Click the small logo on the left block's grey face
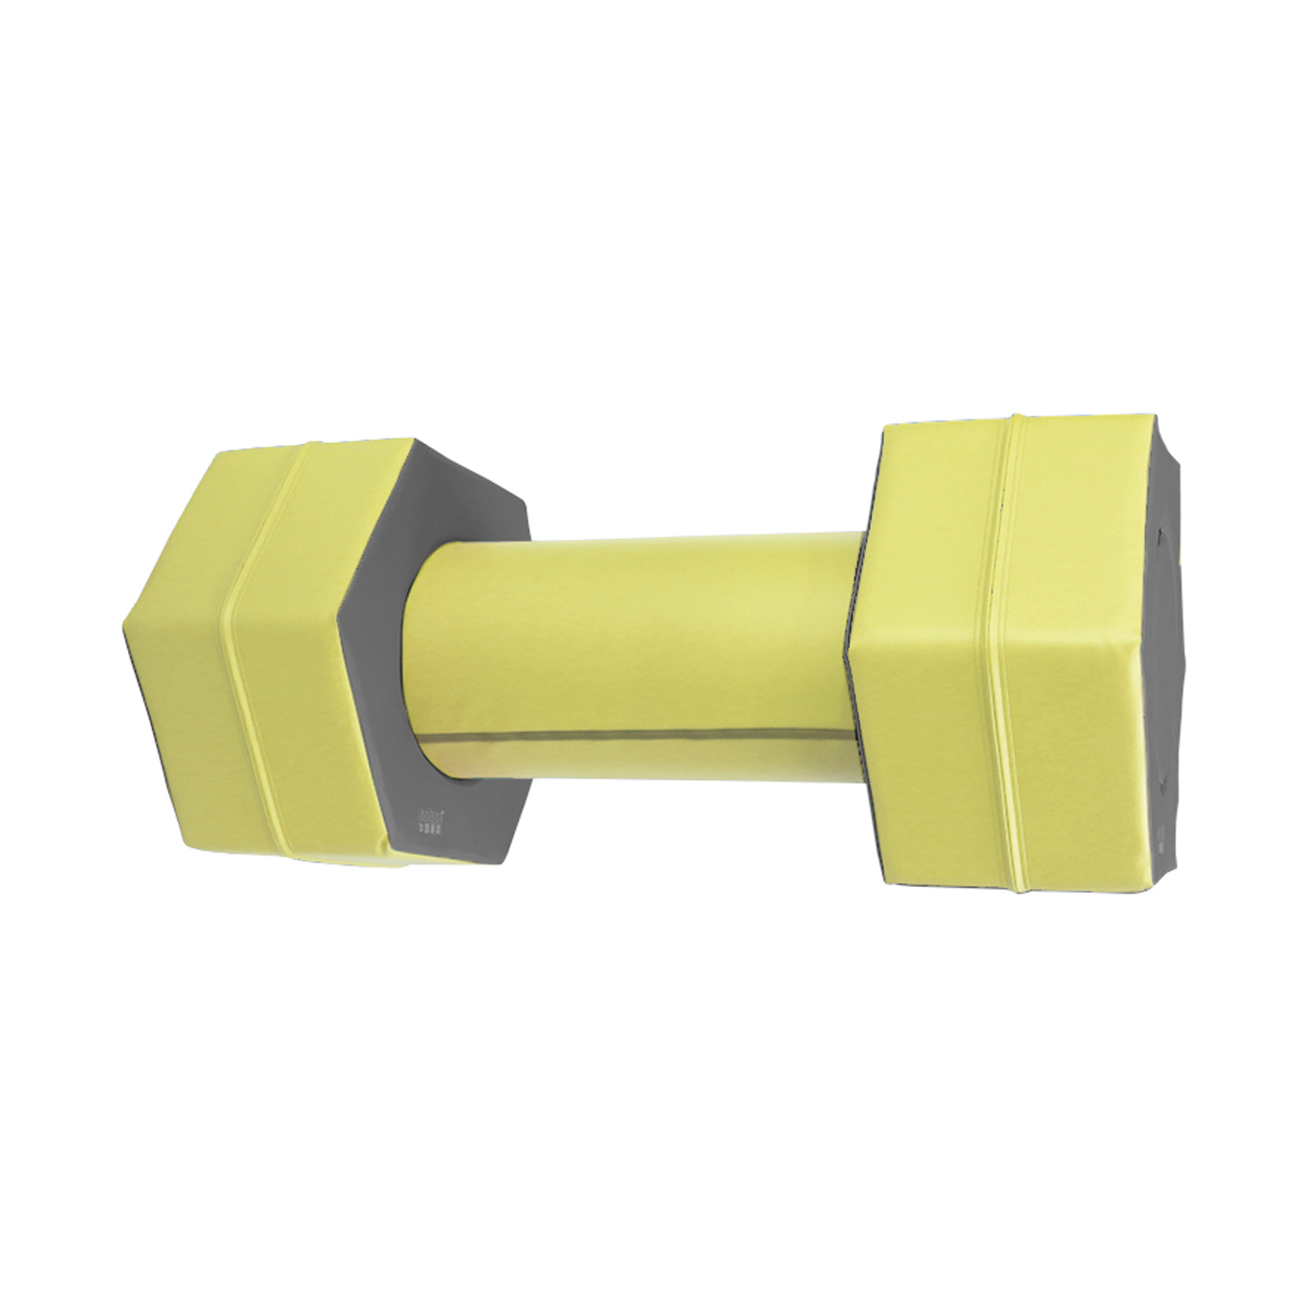(428, 820)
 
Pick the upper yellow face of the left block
(272, 517)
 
